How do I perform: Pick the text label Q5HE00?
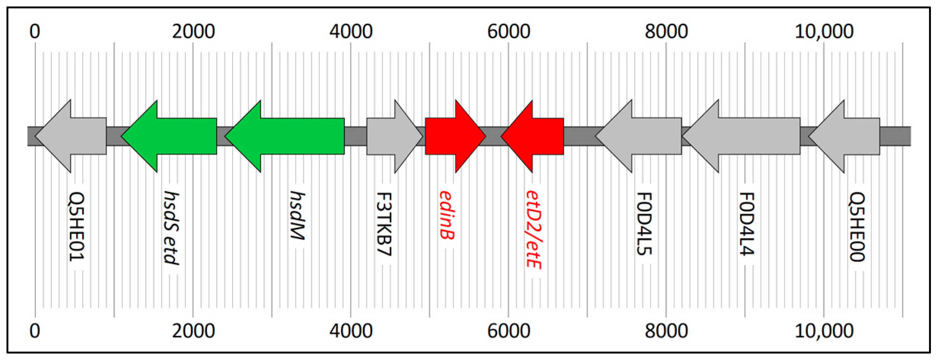857,227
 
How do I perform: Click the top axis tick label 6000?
508,31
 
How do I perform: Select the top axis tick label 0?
35,31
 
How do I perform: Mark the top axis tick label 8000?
666,31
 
